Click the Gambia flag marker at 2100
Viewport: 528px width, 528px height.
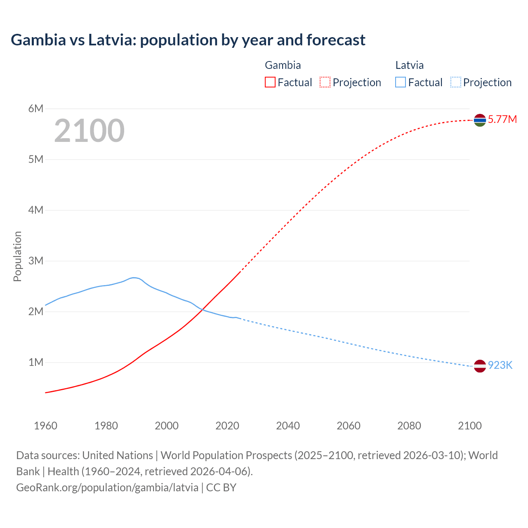480,120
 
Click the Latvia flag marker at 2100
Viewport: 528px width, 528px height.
480,366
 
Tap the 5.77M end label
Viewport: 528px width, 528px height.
502,120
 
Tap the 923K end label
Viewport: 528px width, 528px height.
500,365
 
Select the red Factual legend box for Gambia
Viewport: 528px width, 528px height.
270,82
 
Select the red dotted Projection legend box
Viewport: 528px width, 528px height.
325,82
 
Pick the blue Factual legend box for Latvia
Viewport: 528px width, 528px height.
401,82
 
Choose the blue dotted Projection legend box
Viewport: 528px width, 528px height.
455,82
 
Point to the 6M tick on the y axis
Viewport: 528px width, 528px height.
36,108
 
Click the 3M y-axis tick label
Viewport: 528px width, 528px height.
36,261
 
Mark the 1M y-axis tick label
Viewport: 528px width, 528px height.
36,362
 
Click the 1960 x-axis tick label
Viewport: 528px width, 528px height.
45,426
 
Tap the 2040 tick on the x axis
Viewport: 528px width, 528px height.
288,426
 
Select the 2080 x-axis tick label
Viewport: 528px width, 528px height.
409,426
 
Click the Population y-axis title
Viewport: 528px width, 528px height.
17,256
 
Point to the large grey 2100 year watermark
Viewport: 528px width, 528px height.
89,131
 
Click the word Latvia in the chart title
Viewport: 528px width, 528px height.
111,40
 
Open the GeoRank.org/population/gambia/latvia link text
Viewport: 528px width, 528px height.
107,487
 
